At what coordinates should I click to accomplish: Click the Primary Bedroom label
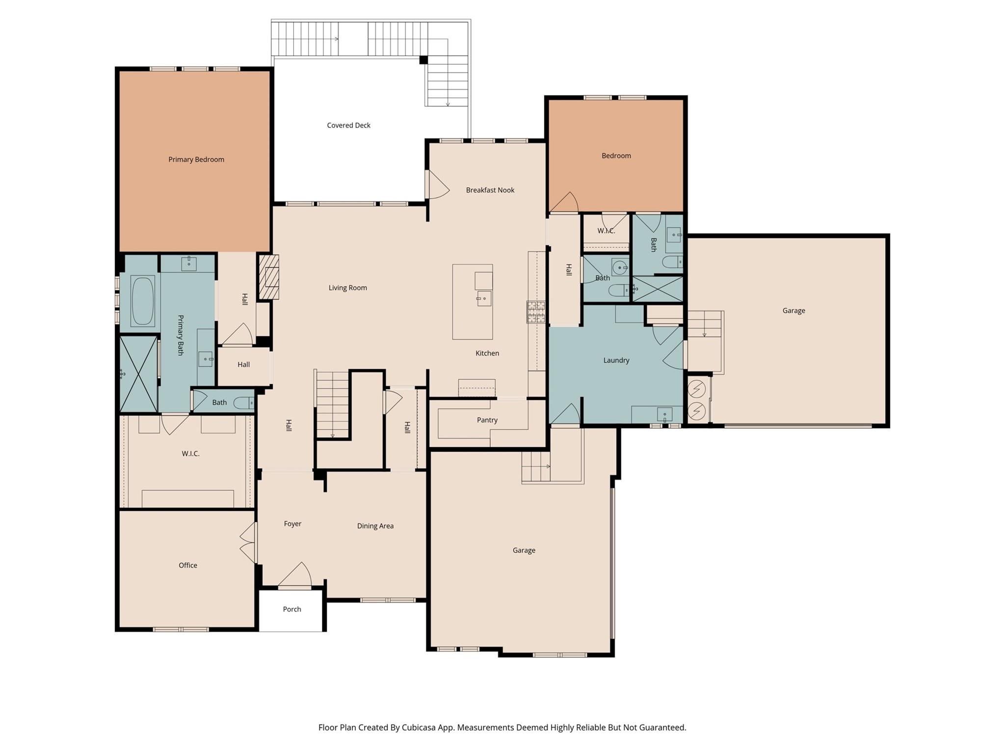pos(196,159)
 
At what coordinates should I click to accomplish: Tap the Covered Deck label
pos(348,125)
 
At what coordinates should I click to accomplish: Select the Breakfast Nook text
pos(490,190)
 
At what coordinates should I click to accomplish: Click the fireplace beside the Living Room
pos(269,277)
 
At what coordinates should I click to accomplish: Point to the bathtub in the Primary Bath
pos(143,301)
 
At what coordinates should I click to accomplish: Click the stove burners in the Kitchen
pos(536,312)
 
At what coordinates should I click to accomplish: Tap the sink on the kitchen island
pos(484,298)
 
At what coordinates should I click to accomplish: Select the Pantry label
pos(487,420)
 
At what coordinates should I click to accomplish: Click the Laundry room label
pos(616,360)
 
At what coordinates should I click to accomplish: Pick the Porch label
pos(291,609)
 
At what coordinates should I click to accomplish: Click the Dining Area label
pos(375,526)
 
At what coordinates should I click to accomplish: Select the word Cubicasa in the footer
pos(420,728)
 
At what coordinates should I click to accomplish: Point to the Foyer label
pos(292,524)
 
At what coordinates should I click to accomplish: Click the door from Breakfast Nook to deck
pos(437,185)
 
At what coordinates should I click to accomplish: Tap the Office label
pos(187,565)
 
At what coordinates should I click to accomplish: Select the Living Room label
pos(347,288)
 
